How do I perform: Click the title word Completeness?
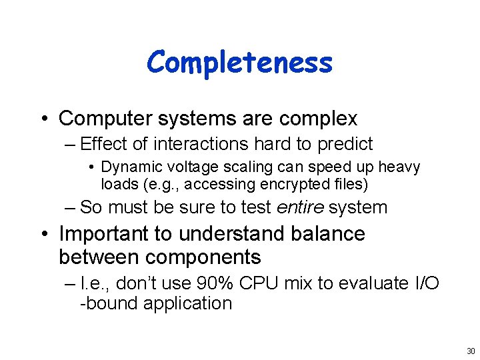(x=239, y=63)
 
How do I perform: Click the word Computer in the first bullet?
(x=106, y=119)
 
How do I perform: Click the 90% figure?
(x=215, y=283)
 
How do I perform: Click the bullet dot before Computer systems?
(x=45, y=119)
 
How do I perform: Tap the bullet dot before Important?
(x=45, y=235)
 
